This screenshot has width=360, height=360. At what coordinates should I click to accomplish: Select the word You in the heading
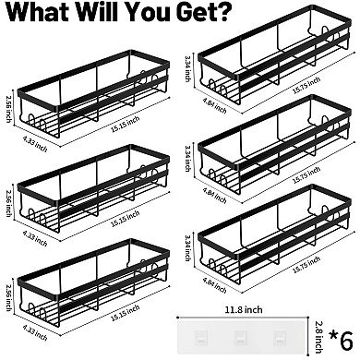pos(147,11)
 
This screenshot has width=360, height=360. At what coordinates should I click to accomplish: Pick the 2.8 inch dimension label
pos(318,337)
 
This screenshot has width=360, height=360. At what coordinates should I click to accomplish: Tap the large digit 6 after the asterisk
pos(346,340)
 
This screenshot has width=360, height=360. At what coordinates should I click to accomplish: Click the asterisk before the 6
pos(332,335)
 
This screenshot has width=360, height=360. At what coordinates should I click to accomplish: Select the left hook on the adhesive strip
pos(200,338)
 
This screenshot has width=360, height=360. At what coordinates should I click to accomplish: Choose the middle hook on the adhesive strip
pos(240,338)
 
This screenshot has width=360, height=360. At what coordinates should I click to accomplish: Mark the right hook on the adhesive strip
pos(279,338)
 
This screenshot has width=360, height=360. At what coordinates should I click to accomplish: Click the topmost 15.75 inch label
pos(306,86)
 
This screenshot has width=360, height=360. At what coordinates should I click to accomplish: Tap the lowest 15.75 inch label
pos(306,265)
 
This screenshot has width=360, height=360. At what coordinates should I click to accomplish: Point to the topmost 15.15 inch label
pos(126,125)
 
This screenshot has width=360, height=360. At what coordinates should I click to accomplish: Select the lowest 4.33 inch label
pos(35,333)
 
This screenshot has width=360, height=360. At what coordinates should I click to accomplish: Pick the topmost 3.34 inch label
pos(187,68)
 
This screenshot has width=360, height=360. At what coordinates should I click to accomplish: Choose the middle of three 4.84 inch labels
pos(215,196)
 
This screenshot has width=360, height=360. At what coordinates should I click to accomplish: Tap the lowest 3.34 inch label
pos(187,248)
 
